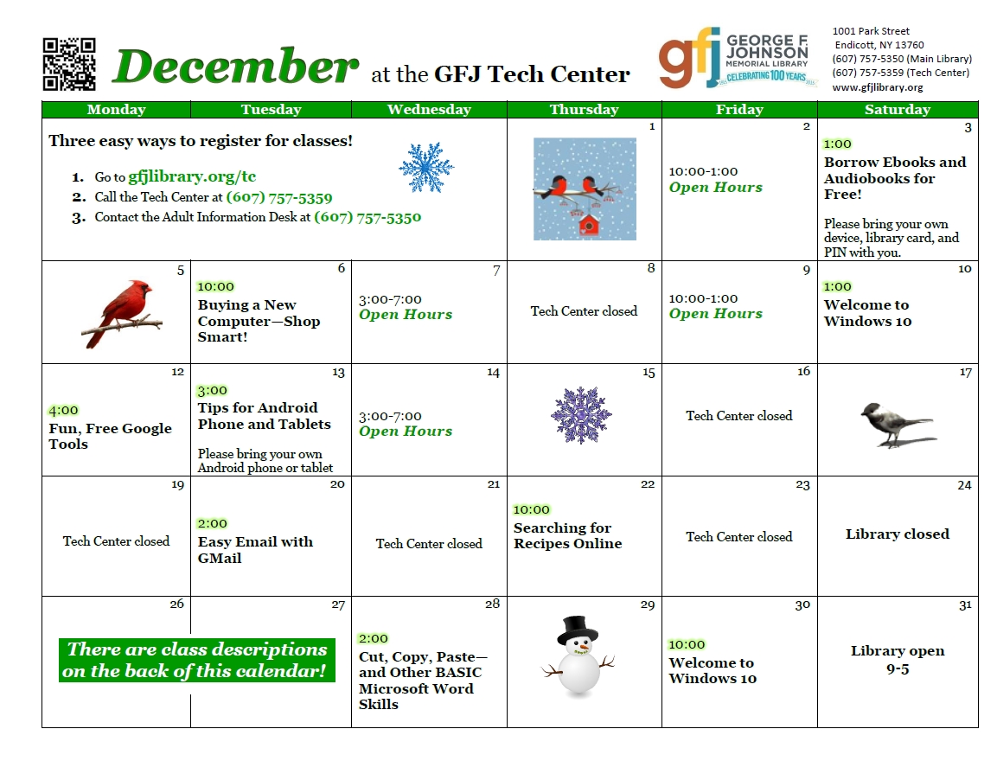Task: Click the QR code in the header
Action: pos(69,64)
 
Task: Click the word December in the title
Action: pos(236,66)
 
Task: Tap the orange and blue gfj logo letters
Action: pos(689,58)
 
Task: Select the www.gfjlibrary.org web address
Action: pos(878,87)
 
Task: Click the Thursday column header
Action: pos(585,109)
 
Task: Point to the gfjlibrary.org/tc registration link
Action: pos(192,176)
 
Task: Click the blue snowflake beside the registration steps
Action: pos(426,167)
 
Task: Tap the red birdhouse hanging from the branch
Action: pos(589,224)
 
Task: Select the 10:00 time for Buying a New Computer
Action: pos(215,287)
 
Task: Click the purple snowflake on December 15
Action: pos(581,415)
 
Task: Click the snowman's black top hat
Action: pos(578,629)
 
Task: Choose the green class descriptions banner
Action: pos(197,660)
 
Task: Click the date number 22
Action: pos(648,484)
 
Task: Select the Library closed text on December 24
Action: pos(898,534)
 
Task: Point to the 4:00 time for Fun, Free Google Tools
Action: pos(64,411)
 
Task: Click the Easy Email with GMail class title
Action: pos(256,550)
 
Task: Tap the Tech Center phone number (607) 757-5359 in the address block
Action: pos(867,73)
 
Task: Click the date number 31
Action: pos(965,604)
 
